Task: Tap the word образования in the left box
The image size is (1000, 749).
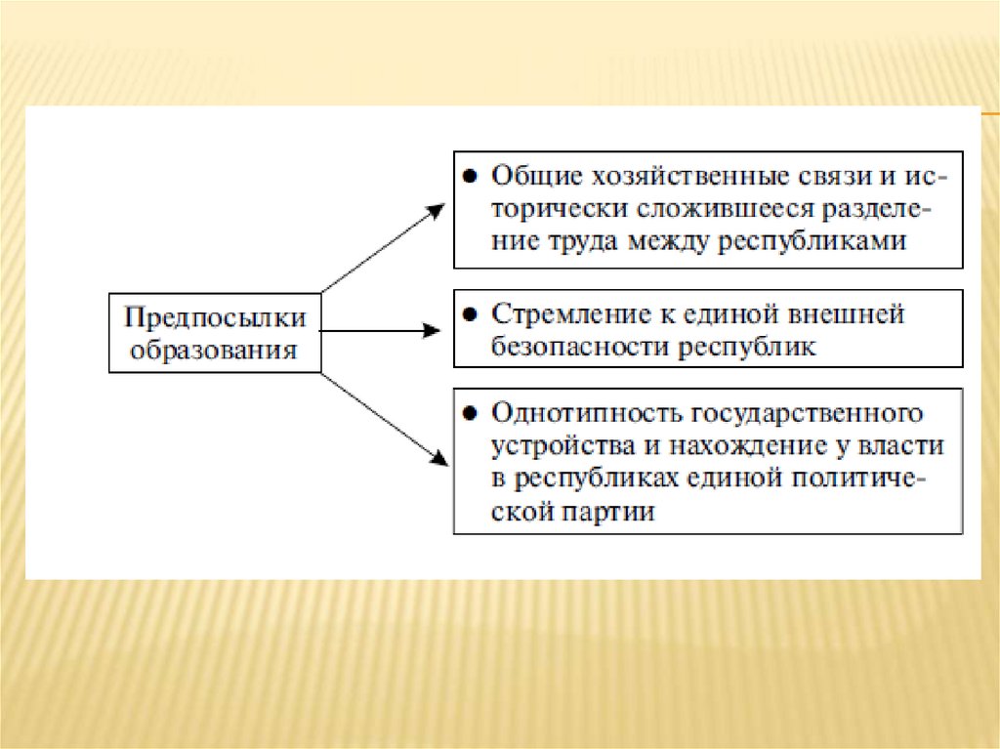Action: pos(215,350)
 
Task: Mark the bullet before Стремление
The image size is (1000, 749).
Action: pos(470,314)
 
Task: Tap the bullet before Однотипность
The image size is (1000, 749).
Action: pos(470,414)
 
